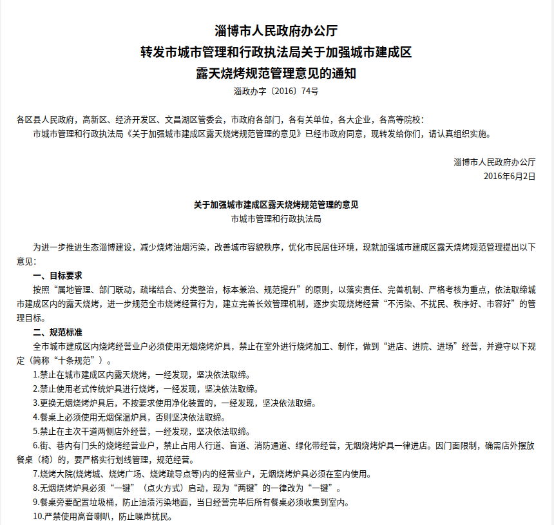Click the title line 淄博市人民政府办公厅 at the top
[x=276, y=30]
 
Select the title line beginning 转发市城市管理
[x=276, y=52]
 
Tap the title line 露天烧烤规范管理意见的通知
[x=276, y=73]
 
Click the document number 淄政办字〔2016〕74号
[x=276, y=91]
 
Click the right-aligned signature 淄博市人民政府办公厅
[x=494, y=162]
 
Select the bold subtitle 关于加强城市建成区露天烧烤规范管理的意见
[x=276, y=205]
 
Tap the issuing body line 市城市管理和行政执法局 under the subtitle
[x=276, y=219]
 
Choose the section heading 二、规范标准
[x=58, y=332]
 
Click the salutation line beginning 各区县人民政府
[x=221, y=120]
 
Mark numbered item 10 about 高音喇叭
[x=103, y=517]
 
